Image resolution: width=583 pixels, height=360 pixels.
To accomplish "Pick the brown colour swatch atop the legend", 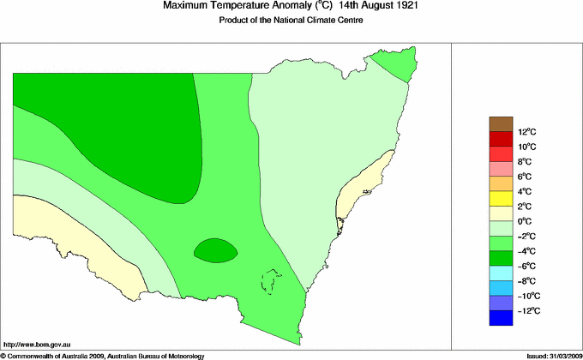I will click(501, 123).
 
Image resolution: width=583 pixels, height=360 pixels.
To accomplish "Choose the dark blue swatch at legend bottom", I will click(501, 319).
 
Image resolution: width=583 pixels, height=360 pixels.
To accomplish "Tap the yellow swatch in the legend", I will click(501, 199).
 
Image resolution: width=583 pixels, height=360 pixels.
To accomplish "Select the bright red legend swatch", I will click(501, 153).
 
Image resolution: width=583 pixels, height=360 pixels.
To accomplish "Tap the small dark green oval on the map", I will click(215, 250).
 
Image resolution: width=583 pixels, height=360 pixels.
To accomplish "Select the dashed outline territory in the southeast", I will click(272, 282).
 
